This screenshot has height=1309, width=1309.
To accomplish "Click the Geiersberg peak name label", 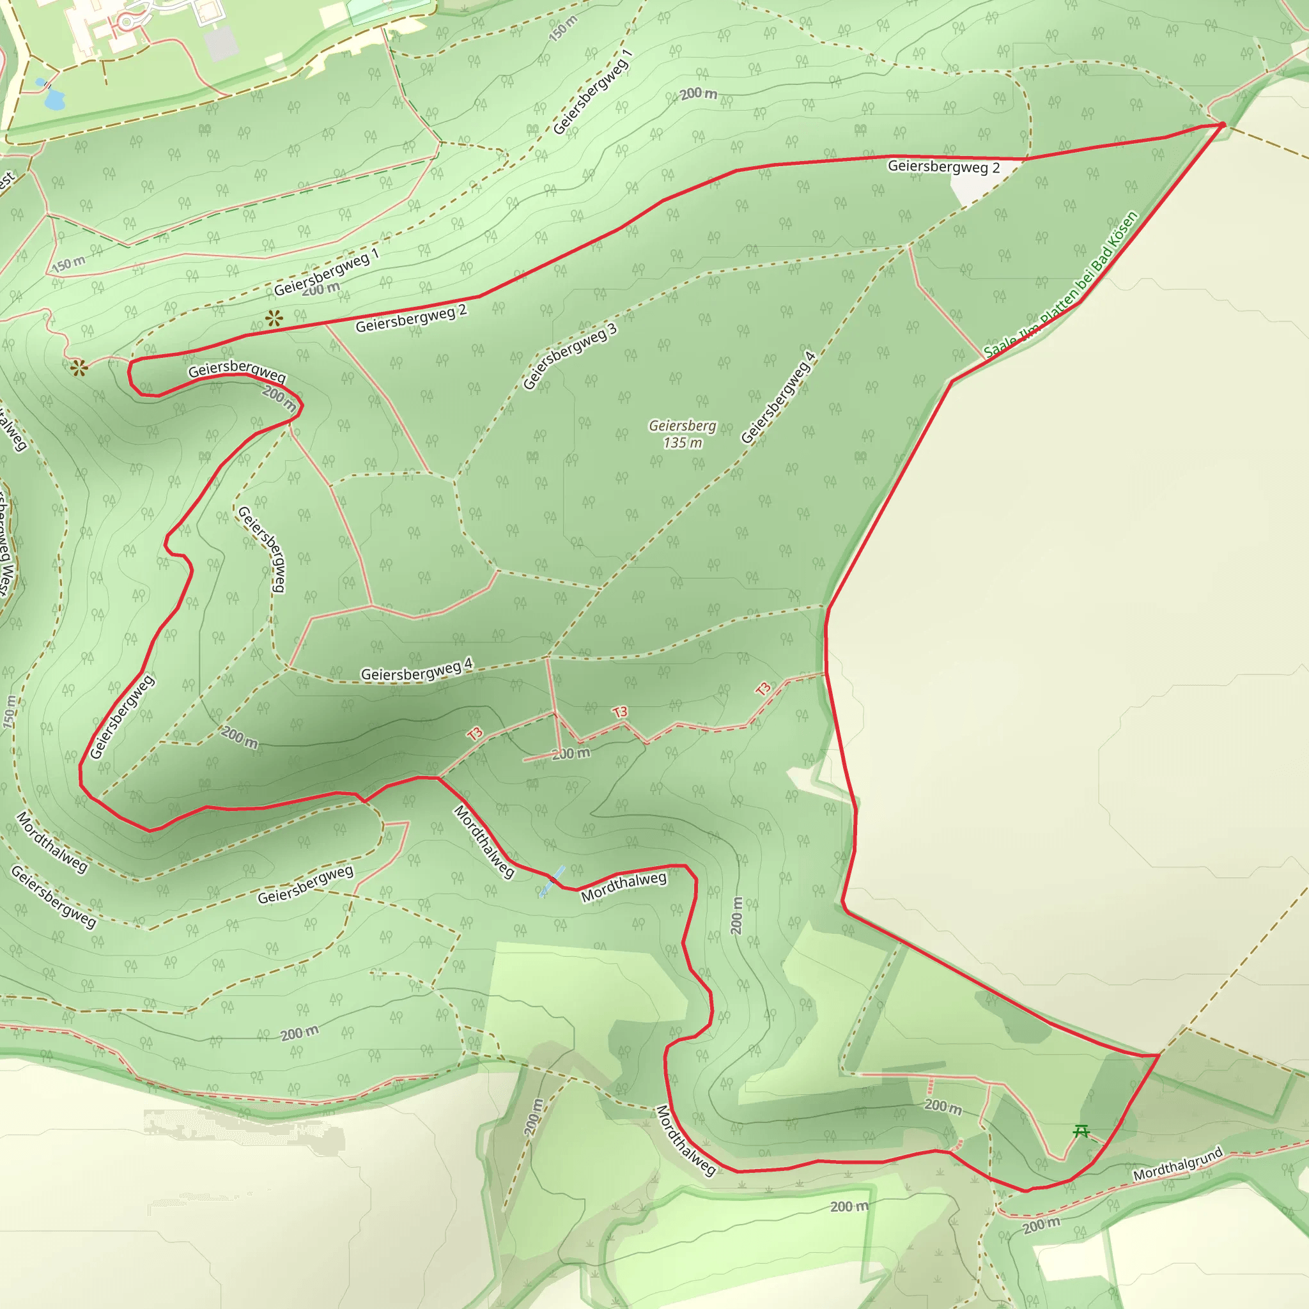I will click(x=682, y=426).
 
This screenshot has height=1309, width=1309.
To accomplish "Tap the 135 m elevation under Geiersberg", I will click(x=682, y=443).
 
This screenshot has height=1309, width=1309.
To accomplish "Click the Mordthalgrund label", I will click(x=1178, y=1164).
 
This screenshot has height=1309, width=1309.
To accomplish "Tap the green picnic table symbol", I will click(x=1082, y=1131).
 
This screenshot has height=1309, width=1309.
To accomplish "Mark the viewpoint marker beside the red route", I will click(x=274, y=318).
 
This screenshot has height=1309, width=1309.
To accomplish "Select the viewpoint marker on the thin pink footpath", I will click(x=79, y=368).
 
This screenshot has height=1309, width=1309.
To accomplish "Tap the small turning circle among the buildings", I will click(x=126, y=22).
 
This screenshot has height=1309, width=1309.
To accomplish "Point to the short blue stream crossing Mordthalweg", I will click(x=552, y=881).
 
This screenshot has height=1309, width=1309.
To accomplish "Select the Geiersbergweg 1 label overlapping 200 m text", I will click(x=327, y=272).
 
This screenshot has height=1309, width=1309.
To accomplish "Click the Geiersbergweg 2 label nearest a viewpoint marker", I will click(x=411, y=318).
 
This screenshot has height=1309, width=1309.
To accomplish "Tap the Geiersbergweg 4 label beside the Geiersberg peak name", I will click(x=778, y=398).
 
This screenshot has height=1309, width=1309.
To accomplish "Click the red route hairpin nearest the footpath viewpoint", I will click(x=131, y=369).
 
